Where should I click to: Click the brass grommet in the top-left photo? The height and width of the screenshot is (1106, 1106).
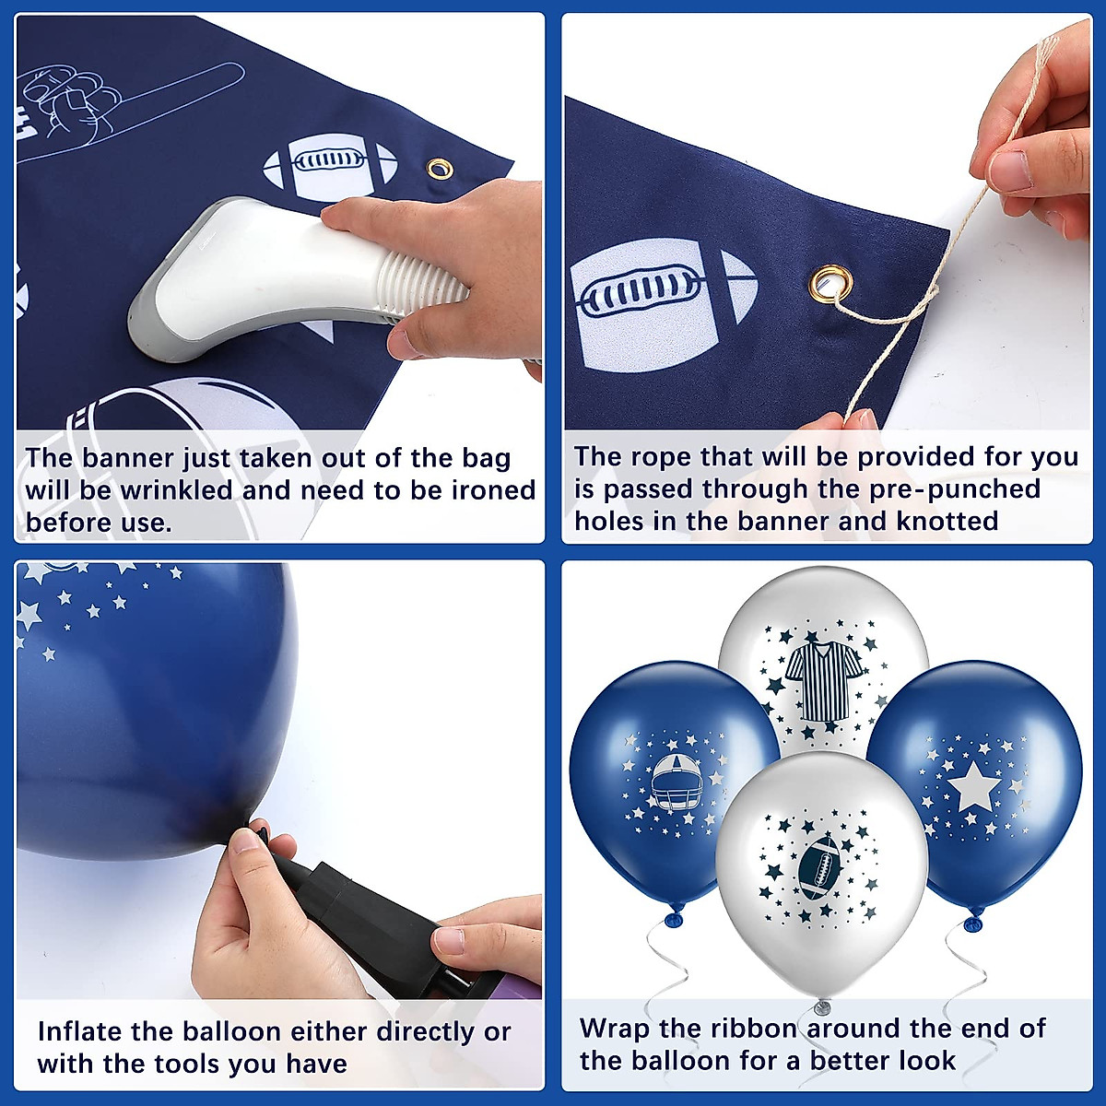coord(440,169)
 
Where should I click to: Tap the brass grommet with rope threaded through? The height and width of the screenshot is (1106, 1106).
coord(829,283)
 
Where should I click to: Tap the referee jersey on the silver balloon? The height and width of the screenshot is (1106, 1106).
coord(823,680)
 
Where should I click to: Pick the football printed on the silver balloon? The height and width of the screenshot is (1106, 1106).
coord(818,867)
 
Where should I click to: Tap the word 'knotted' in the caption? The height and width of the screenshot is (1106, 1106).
coord(947,521)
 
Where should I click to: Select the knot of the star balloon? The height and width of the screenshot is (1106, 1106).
coord(973,923)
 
